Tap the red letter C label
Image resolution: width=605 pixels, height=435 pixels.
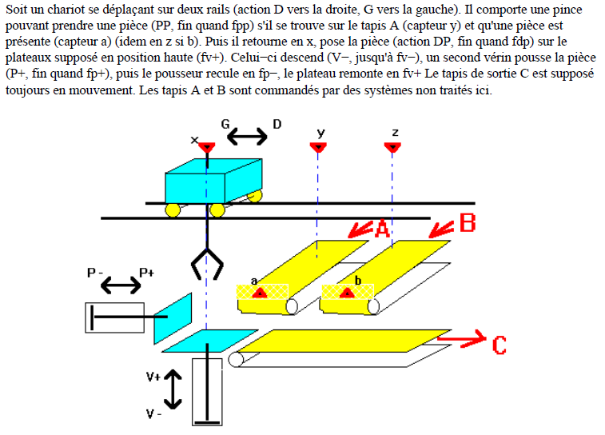[x=499, y=345]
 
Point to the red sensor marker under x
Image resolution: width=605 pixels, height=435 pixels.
[x=206, y=147]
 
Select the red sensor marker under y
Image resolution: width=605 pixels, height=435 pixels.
[x=318, y=147]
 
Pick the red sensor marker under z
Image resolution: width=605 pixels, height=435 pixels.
[x=392, y=147]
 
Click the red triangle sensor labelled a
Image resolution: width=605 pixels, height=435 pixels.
[x=258, y=293]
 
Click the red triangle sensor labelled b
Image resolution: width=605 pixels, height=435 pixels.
[x=347, y=293]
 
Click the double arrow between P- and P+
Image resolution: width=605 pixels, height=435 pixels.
[x=119, y=285]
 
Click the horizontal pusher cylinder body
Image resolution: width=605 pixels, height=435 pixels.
[x=114, y=317]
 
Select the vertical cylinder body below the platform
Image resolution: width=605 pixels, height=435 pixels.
[x=207, y=392]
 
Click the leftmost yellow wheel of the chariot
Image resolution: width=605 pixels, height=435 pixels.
[x=173, y=210]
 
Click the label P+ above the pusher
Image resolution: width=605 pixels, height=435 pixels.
[x=147, y=273]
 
